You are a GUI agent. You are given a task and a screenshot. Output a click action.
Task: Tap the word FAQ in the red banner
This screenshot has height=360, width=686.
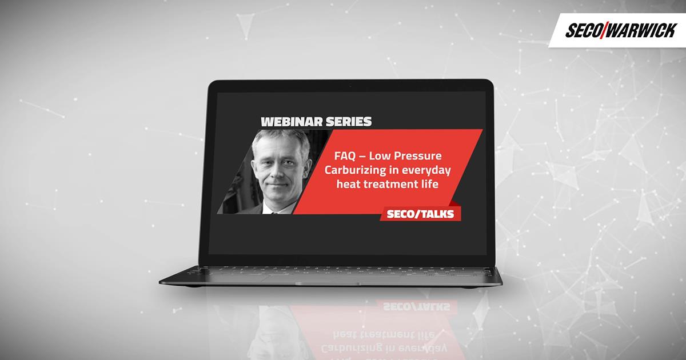[345, 156]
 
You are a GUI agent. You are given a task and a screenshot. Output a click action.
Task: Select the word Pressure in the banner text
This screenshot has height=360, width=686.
[418, 156]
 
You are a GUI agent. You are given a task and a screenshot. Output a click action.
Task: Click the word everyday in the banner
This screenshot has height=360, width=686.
[426, 170]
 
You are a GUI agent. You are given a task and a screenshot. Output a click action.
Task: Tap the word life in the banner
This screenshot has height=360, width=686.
[428, 184]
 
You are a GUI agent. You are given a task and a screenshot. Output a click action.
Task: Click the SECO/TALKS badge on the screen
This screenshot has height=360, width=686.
[420, 214]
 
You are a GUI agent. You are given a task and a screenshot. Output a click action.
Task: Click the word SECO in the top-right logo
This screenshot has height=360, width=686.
[584, 31]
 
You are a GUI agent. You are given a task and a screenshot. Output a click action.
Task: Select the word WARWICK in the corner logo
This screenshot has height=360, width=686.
[641, 30]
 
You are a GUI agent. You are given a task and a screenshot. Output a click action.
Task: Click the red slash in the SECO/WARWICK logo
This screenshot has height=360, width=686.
[604, 30]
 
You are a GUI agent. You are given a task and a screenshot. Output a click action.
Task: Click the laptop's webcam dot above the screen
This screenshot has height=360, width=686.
[350, 87]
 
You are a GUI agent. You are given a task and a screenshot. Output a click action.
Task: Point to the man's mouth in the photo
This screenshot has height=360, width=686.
[277, 186]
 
